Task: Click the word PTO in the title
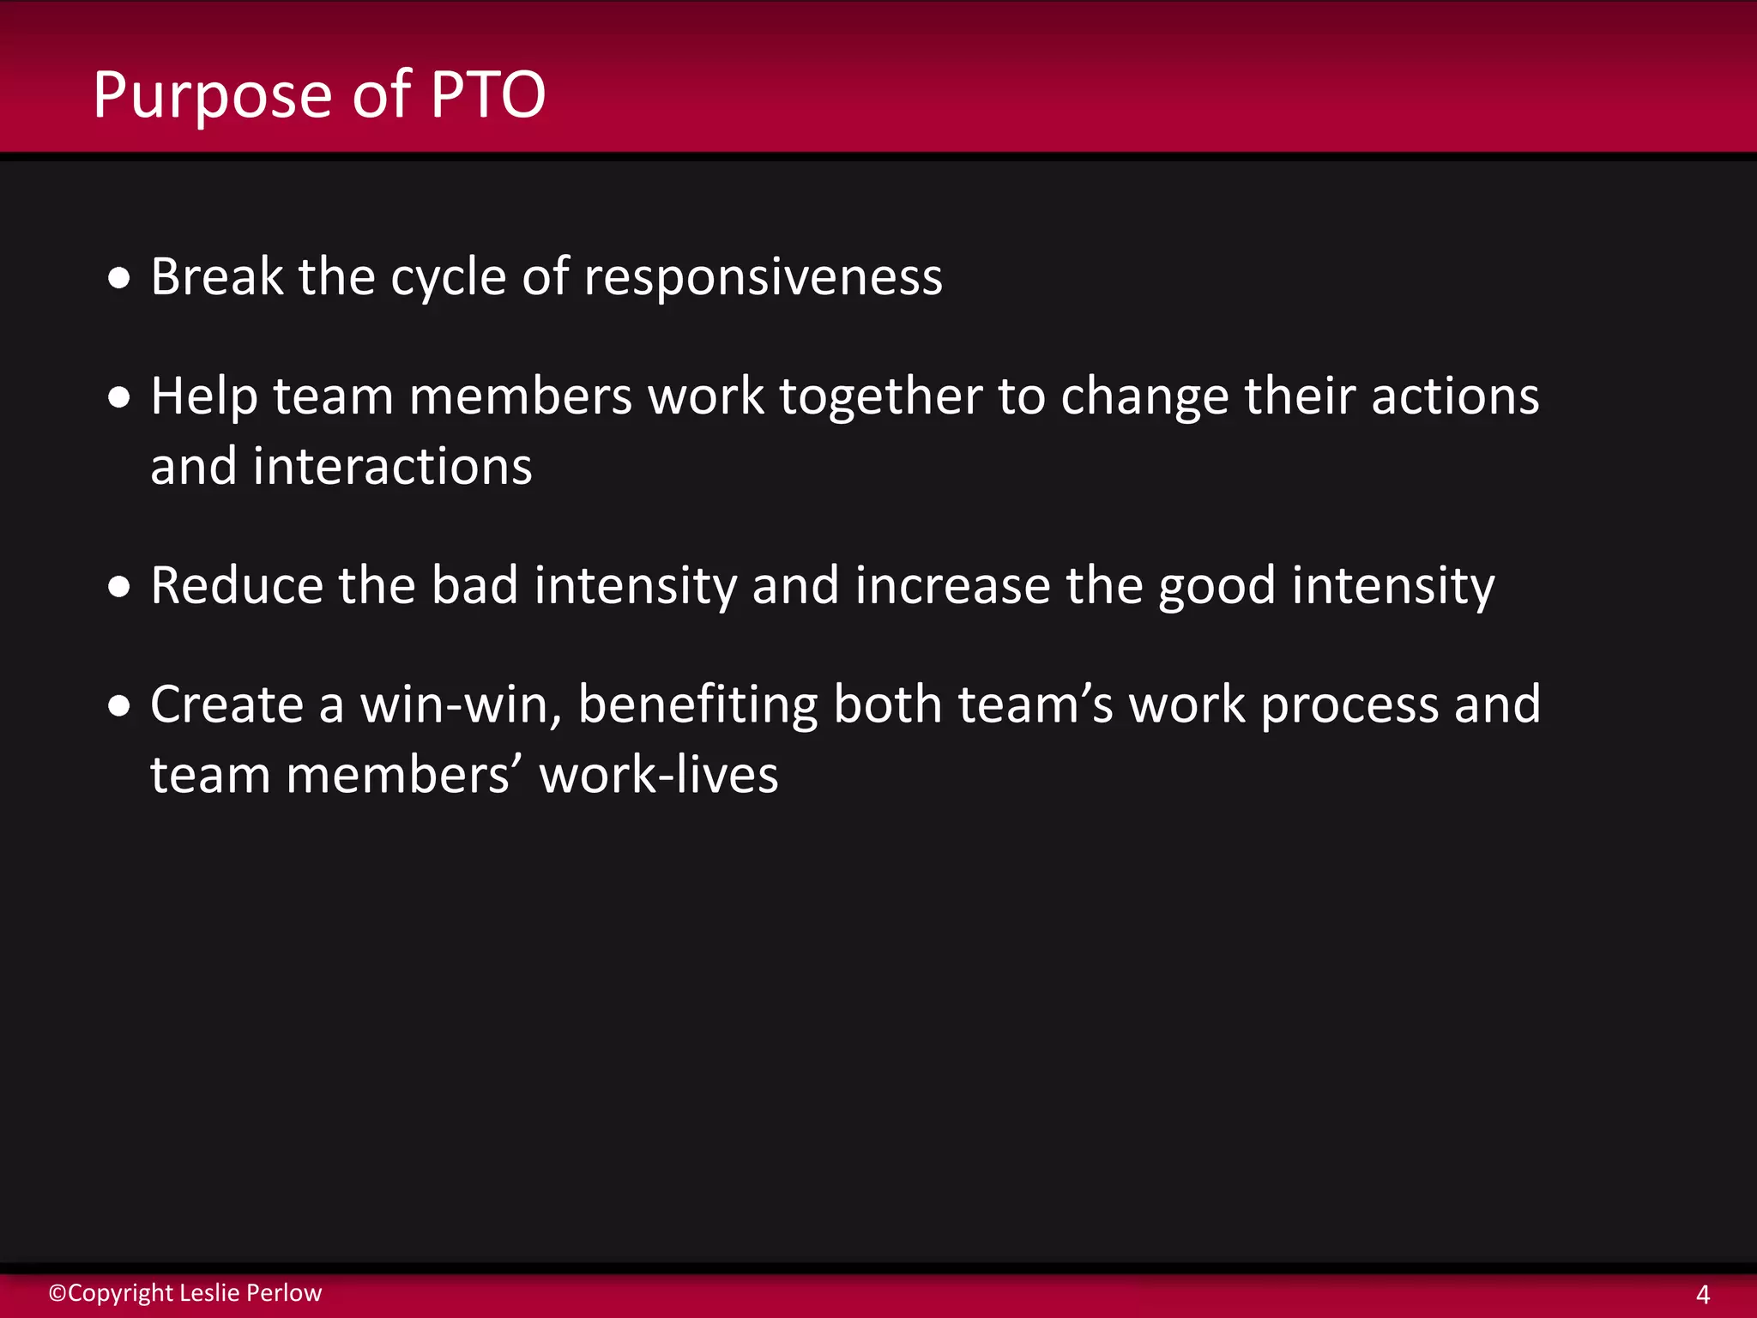click(x=487, y=94)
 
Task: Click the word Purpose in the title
click(x=212, y=96)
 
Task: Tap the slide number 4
click(x=1703, y=1294)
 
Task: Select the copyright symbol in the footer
click(x=57, y=1293)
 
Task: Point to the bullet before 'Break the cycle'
click(x=119, y=278)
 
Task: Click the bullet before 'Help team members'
click(x=119, y=397)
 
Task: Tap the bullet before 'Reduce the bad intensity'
click(x=119, y=586)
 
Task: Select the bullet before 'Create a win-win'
click(x=119, y=705)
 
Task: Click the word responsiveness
click(x=763, y=276)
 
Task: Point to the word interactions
click(x=392, y=467)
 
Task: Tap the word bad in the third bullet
click(x=474, y=585)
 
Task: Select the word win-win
click(x=461, y=705)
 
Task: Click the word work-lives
click(x=658, y=775)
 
